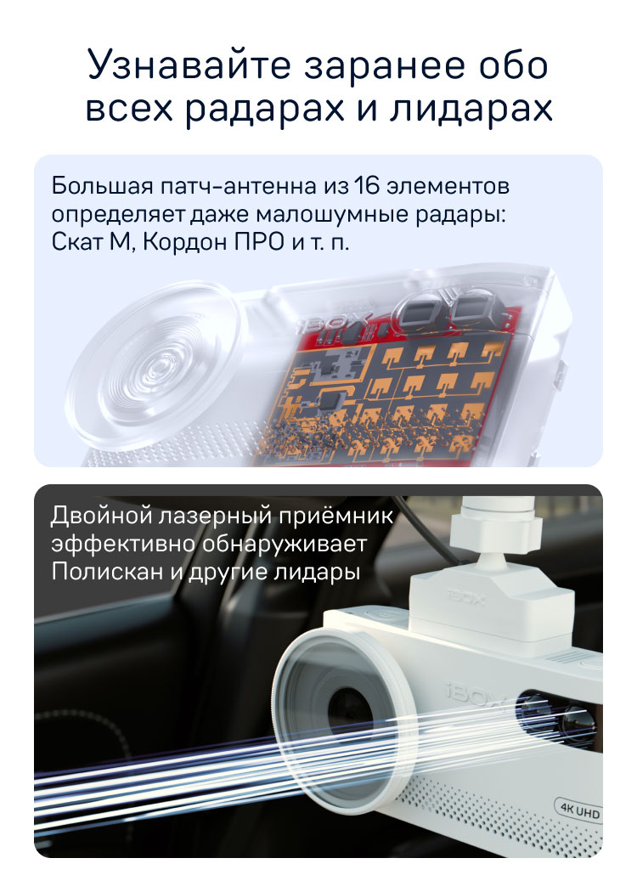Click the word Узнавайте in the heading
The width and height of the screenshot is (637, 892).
tap(189, 65)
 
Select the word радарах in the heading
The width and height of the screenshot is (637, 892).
tap(265, 109)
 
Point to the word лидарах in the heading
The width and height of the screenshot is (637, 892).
tap(471, 109)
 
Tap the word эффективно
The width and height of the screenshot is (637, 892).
tap(123, 544)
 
